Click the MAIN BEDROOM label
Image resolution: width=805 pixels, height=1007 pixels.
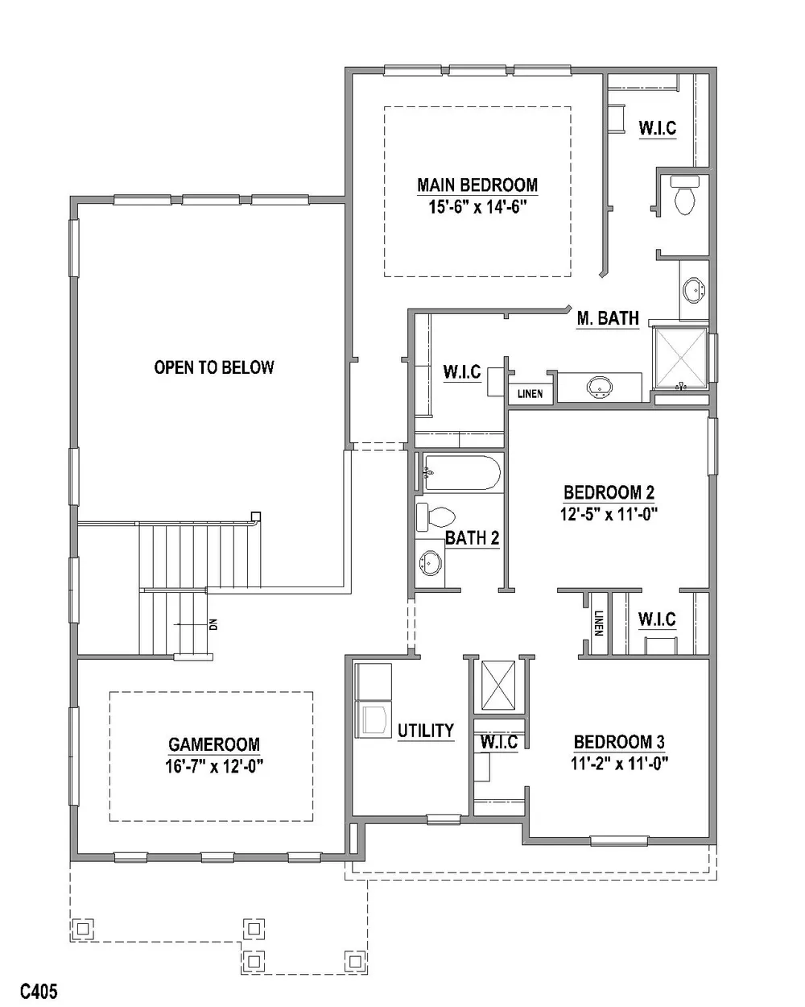pos(477,184)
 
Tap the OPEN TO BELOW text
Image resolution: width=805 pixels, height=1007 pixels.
pos(214,367)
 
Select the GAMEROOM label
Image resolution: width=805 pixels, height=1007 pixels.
pos(214,744)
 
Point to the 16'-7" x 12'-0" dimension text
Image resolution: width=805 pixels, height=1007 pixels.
pos(214,766)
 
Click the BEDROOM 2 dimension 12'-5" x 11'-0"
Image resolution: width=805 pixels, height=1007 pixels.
pos(609,514)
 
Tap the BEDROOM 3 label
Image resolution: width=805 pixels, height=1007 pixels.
pos(619,742)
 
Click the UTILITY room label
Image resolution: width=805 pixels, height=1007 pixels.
pos(426,731)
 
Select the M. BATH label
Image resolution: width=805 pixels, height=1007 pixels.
pos(608,318)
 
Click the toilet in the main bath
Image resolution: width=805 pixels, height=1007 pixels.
pos(685,195)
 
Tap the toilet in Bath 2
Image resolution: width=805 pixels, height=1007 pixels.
pos(436,517)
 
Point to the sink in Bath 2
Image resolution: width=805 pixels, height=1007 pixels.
pos(430,562)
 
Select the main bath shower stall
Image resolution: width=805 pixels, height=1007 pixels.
pos(680,358)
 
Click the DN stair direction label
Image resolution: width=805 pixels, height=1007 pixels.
pos(213,624)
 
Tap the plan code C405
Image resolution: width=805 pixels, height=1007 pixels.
pos(39,991)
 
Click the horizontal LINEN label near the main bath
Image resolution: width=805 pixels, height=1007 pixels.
pos(530,394)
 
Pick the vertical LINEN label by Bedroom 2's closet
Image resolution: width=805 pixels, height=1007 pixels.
pos(598,623)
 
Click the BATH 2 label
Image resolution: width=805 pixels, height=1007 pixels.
pos(472,538)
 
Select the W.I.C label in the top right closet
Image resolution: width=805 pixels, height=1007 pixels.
pos(657,128)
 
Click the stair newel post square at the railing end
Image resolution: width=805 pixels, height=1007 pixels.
pos(255,516)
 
